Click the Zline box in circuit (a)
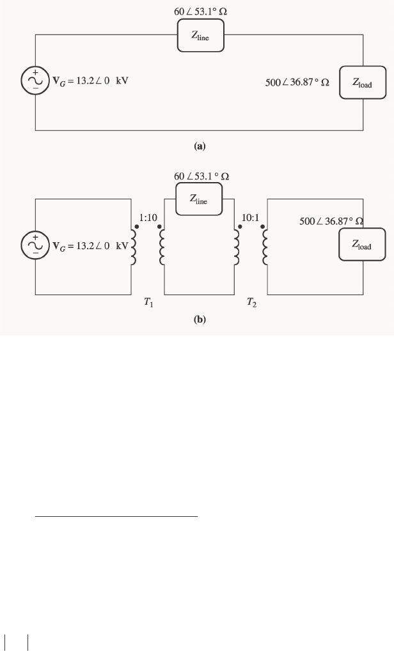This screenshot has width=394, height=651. click(200, 37)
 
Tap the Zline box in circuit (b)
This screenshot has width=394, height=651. click(199, 199)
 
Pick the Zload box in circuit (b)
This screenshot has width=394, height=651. click(362, 245)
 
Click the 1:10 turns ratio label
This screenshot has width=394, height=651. click(148, 218)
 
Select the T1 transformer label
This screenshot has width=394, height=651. click(148, 303)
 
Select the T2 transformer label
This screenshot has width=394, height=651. click(252, 303)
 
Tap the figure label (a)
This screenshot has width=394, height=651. click(200, 146)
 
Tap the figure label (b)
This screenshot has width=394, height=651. click(200, 319)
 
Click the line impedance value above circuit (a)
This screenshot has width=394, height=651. click(200, 12)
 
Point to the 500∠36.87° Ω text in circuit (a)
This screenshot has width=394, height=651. click(297, 83)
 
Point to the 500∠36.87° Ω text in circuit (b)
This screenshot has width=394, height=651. click(331, 221)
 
